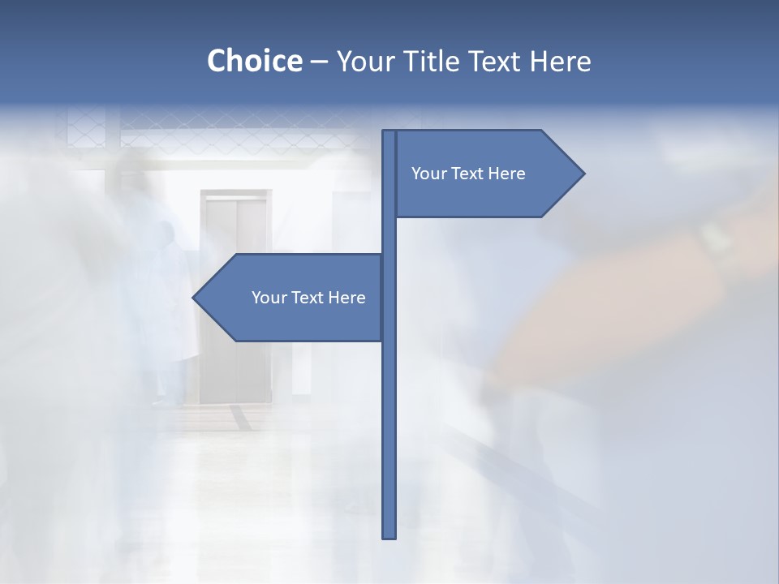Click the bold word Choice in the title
pyautogui.click(x=254, y=61)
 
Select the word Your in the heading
pyautogui.click(x=364, y=61)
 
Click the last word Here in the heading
pyautogui.click(x=560, y=61)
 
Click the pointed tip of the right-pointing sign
pyautogui.click(x=583, y=173)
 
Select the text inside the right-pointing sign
pyautogui.click(x=468, y=174)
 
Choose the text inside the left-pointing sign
pyautogui.click(x=308, y=298)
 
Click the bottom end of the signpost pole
pyautogui.click(x=389, y=536)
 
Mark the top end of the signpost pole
pyautogui.click(x=389, y=132)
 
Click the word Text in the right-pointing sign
pyautogui.click(x=468, y=174)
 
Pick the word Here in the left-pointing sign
pyautogui.click(x=346, y=298)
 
